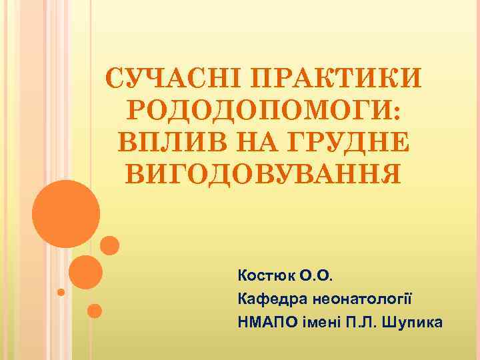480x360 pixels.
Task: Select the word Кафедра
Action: [266, 299]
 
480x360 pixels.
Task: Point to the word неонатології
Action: [355, 299]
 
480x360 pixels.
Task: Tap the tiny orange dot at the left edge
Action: [61, 292]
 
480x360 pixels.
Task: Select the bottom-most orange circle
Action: [95, 311]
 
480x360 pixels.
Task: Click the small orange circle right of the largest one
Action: [110, 246]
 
